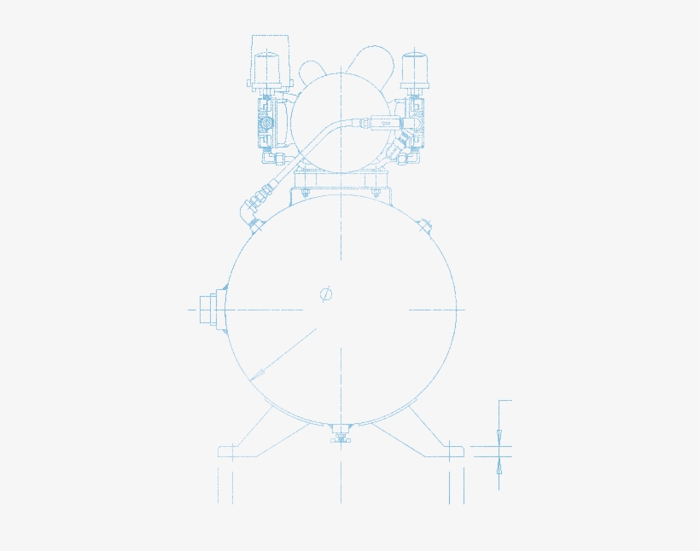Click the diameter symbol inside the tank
tap(326, 294)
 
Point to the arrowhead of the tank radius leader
tap(257, 374)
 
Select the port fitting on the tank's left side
tap(208, 309)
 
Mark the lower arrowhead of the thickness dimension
tap(499, 466)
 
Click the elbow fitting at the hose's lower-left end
tap(253, 209)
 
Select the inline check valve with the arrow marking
tap(376, 124)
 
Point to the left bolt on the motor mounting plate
tap(303, 195)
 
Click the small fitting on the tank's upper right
tap(424, 225)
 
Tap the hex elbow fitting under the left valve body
tap(274, 159)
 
